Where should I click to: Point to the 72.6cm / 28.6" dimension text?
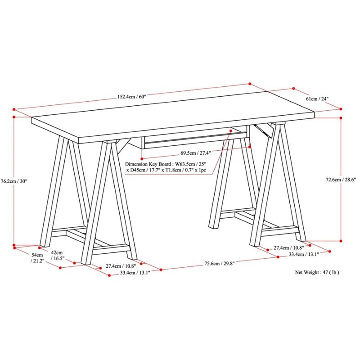341,179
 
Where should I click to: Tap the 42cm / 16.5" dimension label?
57,256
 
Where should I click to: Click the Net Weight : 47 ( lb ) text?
317,272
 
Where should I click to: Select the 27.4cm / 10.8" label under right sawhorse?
288,247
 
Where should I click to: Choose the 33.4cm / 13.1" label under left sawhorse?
135,273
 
